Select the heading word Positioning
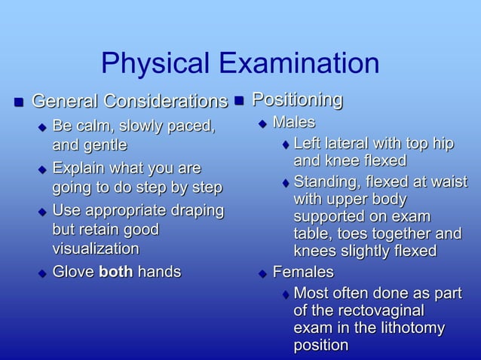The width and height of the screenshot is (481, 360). pyautogui.click(x=297, y=99)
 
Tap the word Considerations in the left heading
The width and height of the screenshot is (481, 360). pyautogui.click(x=165, y=102)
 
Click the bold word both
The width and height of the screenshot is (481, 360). pyautogui.click(x=115, y=271)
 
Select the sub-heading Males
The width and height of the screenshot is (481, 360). pyautogui.click(x=293, y=122)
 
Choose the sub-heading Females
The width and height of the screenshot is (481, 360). pyautogui.click(x=302, y=271)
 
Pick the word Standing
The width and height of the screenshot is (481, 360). pyautogui.click(x=324, y=182)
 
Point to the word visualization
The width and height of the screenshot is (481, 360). pyautogui.click(x=95, y=248)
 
